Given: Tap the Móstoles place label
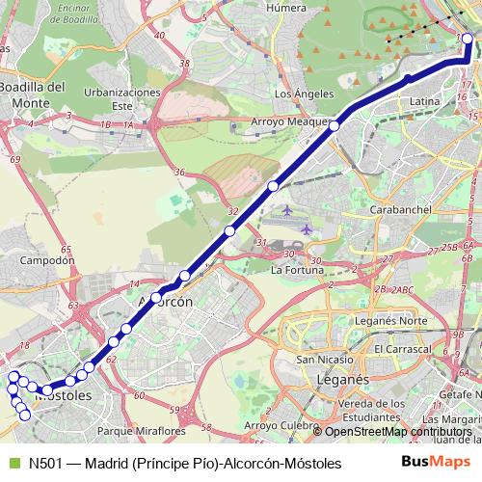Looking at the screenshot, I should (63, 395).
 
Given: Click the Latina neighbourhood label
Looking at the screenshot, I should (424, 100).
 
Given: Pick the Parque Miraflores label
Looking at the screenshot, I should (142, 431).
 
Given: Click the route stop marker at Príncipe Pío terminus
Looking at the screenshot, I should (468, 39).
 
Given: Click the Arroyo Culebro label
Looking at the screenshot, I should (281, 424).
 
